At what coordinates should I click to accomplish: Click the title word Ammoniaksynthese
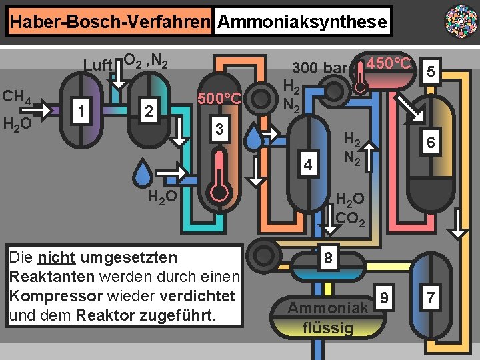tap(302, 22)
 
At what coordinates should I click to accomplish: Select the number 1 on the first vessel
tap(81, 111)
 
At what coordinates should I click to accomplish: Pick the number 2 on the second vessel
tap(149, 111)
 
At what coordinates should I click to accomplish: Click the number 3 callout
tap(219, 128)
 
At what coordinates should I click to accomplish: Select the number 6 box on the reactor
tap(431, 143)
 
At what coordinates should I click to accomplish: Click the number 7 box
tap(431, 297)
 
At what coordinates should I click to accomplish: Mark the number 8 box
tap(327, 257)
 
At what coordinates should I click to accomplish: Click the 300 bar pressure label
tap(319, 68)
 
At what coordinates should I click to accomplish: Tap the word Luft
tap(97, 65)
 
